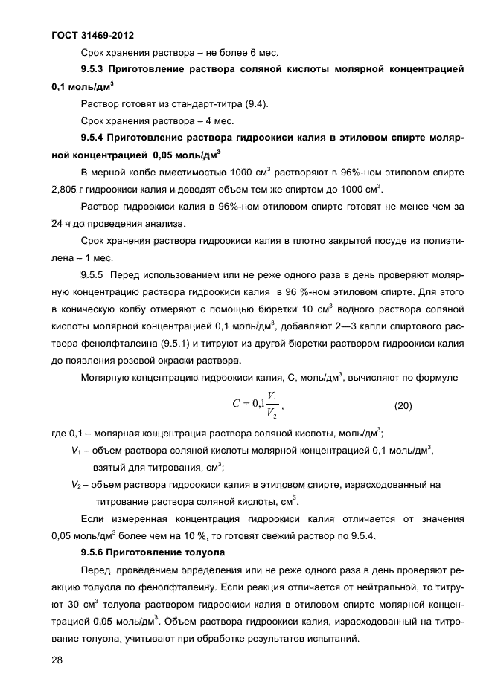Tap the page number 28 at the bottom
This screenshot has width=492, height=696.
(57, 660)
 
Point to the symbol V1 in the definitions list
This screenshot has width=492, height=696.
(76, 450)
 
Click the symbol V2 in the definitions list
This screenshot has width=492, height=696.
(76, 484)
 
